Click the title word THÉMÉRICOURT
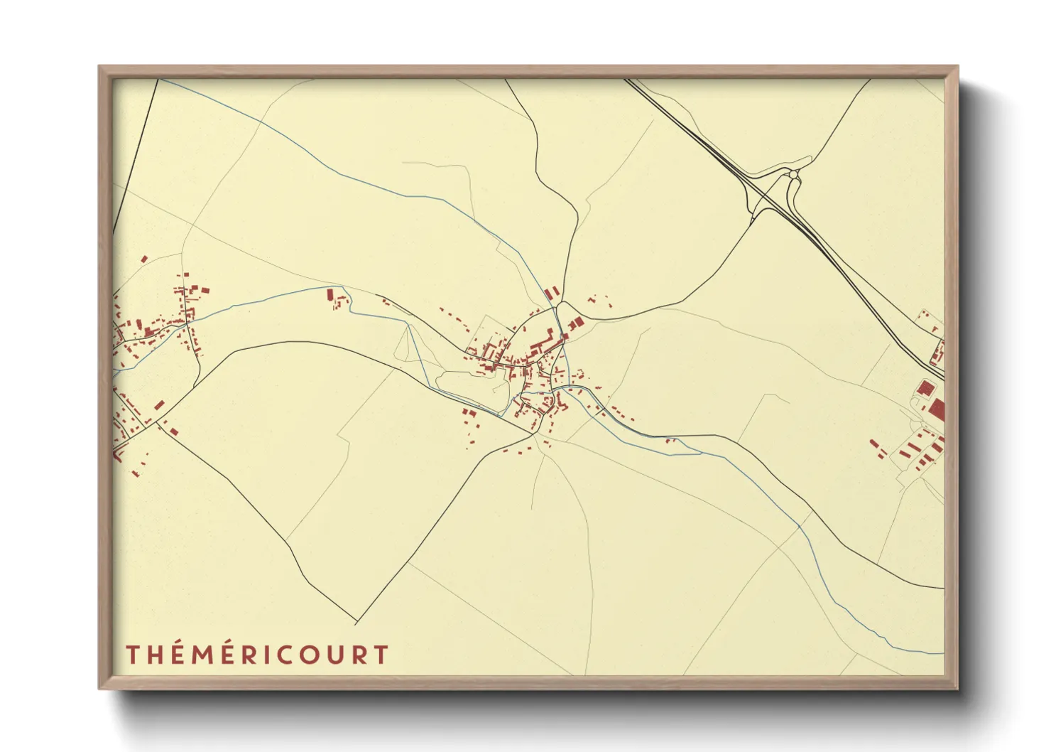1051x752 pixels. (x=257, y=655)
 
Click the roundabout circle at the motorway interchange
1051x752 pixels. (x=793, y=174)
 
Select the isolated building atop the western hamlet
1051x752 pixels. (x=144, y=259)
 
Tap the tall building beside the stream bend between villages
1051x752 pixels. (x=330, y=294)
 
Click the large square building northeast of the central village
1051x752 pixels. (x=575, y=323)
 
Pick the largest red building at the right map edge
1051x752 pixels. (x=937, y=409)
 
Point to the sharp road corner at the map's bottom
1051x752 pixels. (x=356, y=623)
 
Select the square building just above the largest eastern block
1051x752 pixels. (x=925, y=388)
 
